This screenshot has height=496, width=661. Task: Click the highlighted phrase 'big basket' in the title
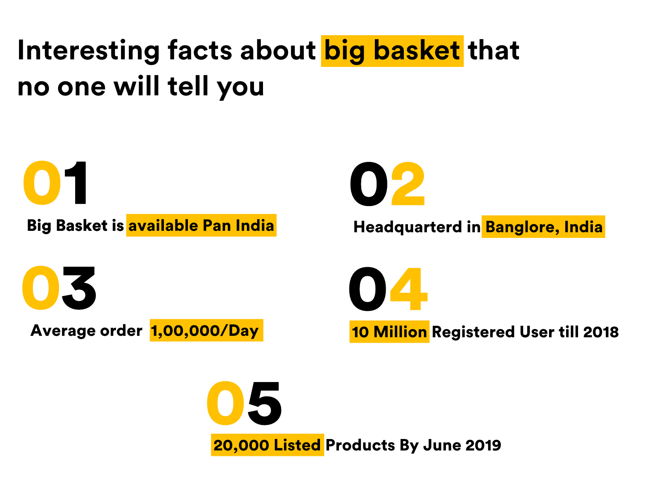pos(392,51)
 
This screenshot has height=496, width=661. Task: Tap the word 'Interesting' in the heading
pos(88,51)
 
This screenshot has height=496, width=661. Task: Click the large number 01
pos(55,183)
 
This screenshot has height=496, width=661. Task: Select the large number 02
pos(387,184)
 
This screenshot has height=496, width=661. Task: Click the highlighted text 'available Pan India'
pos(201,225)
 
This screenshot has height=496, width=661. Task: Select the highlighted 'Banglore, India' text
pos(543,227)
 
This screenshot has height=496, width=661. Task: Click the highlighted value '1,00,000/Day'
pos(205,330)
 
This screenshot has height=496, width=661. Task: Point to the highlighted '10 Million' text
pos(389,332)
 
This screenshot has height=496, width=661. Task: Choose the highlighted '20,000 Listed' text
pos(267,445)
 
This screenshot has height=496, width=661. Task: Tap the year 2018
pos(601,332)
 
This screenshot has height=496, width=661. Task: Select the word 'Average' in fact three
pos(57,330)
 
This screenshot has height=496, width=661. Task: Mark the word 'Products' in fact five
pos(360,445)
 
